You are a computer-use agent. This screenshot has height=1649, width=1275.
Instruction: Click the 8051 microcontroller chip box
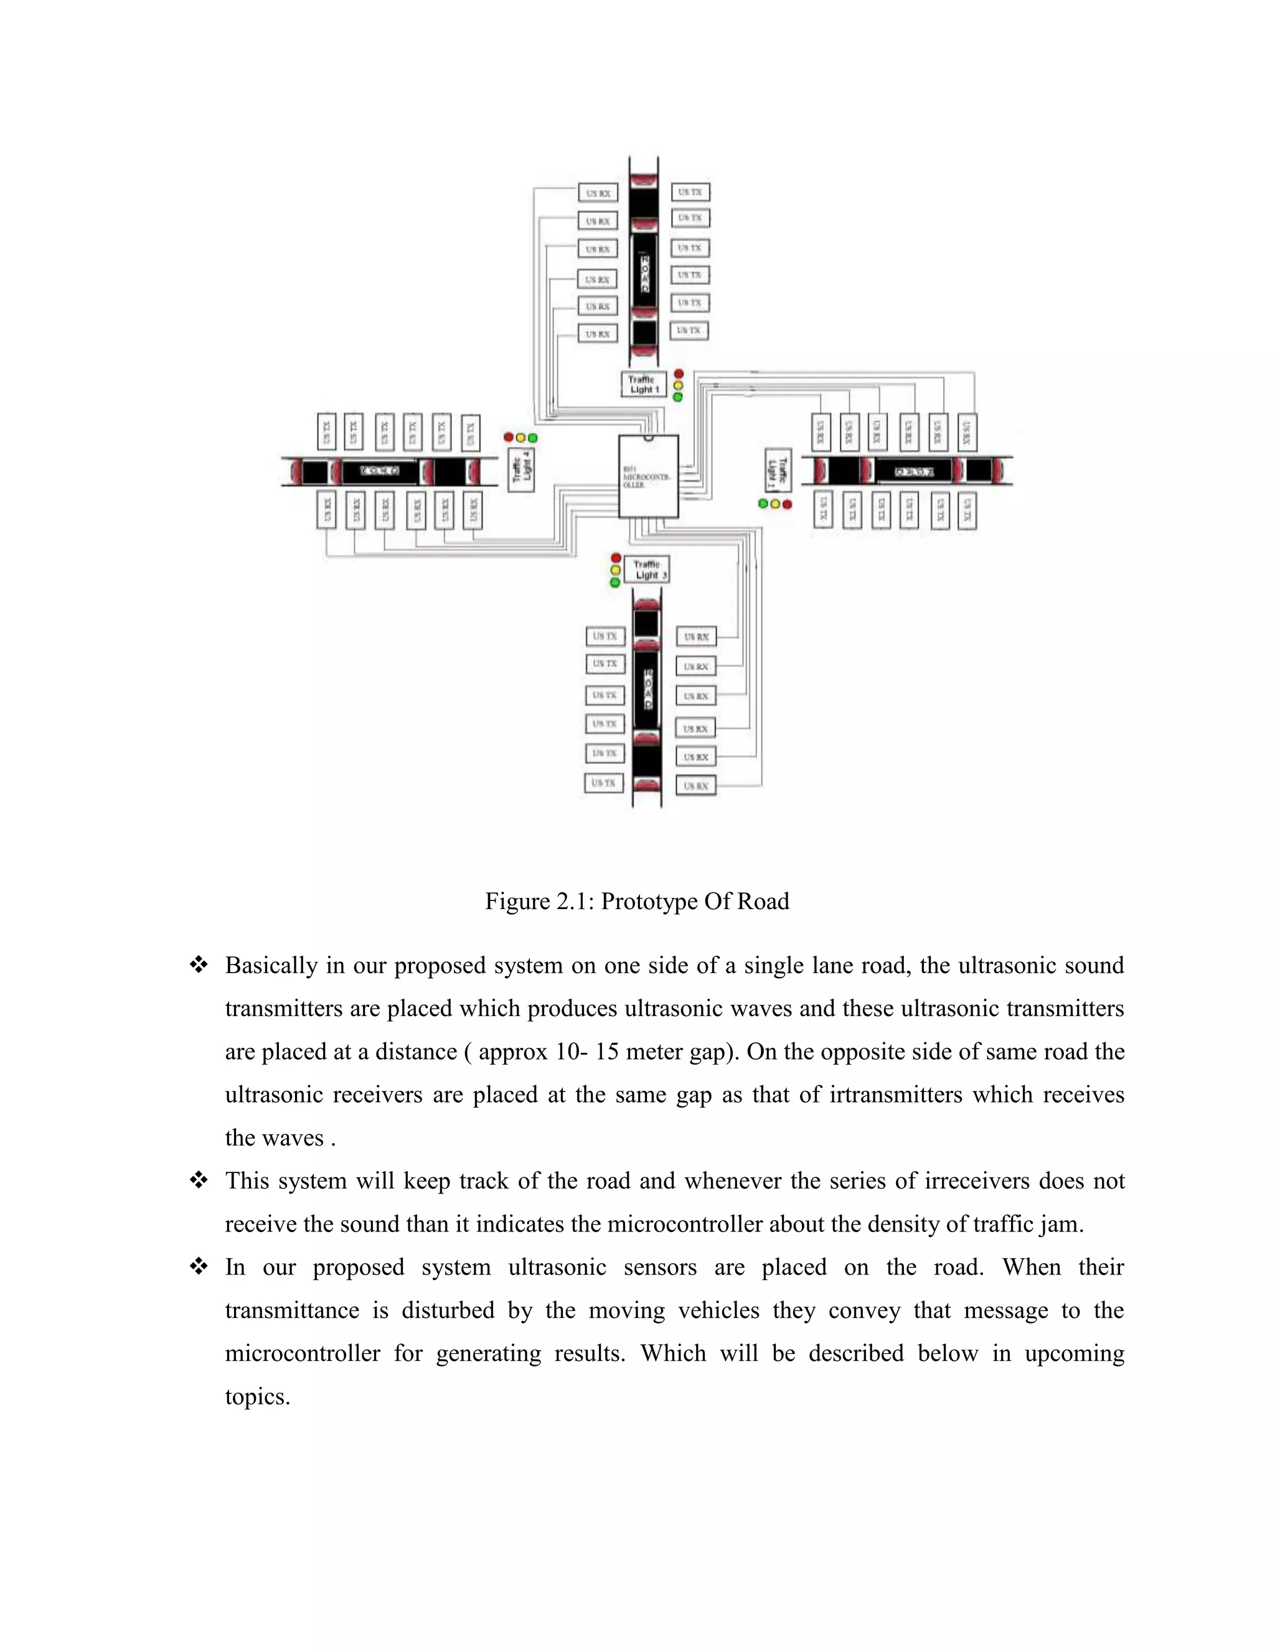tap(648, 477)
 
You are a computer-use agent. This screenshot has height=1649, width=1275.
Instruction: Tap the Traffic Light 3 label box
tap(647, 569)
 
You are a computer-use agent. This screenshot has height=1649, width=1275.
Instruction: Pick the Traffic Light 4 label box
tap(521, 470)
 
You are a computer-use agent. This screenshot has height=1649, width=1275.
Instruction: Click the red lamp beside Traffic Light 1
tap(679, 374)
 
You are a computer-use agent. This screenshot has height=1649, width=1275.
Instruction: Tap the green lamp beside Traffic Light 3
tap(615, 582)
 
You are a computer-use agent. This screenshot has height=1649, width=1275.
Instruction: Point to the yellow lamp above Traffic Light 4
tap(520, 438)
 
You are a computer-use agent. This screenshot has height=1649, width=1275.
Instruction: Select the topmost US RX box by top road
tap(598, 194)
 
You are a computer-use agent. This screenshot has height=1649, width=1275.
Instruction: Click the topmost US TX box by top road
tap(690, 192)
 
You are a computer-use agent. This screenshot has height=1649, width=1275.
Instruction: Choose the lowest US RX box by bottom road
tap(695, 786)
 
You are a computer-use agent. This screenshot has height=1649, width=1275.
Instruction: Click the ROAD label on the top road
tap(644, 273)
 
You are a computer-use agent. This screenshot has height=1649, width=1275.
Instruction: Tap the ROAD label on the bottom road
tap(647, 689)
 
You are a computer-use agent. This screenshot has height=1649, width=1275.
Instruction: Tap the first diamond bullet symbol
tap(199, 965)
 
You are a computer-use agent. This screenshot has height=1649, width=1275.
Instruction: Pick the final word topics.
tap(257, 1397)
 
